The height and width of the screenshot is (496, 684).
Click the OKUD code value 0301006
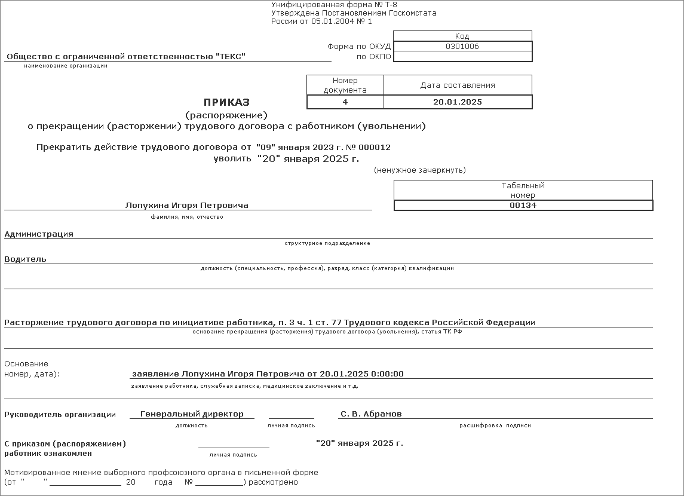[462, 47]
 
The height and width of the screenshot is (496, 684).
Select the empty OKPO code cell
[462, 57]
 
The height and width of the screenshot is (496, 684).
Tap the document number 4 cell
[345, 102]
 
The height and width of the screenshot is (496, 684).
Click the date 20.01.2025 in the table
[457, 102]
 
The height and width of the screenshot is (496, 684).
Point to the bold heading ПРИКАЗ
[226, 102]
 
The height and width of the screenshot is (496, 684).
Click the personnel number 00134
[523, 206]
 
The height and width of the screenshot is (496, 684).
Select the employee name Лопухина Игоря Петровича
[187, 206]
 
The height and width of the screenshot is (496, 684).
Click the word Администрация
[39, 234]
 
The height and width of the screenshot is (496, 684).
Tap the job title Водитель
[25, 259]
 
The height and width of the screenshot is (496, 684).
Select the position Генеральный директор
[192, 414]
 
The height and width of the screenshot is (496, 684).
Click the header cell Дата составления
[457, 85]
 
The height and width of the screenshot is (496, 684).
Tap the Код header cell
[462, 36]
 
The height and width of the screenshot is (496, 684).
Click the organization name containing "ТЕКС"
[126, 57]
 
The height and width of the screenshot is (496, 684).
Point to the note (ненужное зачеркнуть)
[419, 170]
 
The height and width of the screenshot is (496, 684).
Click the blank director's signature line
[291, 415]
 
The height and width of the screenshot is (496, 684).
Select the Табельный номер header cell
[523, 190]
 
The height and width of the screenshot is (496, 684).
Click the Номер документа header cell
[345, 85]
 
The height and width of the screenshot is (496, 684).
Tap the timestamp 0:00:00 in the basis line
[387, 374]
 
